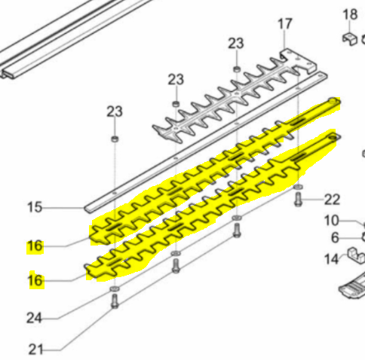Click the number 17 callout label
[284, 24]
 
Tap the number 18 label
[350, 14]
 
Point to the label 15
[35, 207]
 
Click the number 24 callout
[34, 318]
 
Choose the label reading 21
[34, 349]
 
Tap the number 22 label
[333, 200]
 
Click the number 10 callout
[333, 221]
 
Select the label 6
[336, 238]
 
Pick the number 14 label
[332, 260]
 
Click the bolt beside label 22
[298, 198]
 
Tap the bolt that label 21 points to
[113, 302]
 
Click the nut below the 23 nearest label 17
[236, 70]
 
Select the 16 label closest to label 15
[35, 246]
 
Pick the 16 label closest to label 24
[35, 281]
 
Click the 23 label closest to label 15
[113, 111]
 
